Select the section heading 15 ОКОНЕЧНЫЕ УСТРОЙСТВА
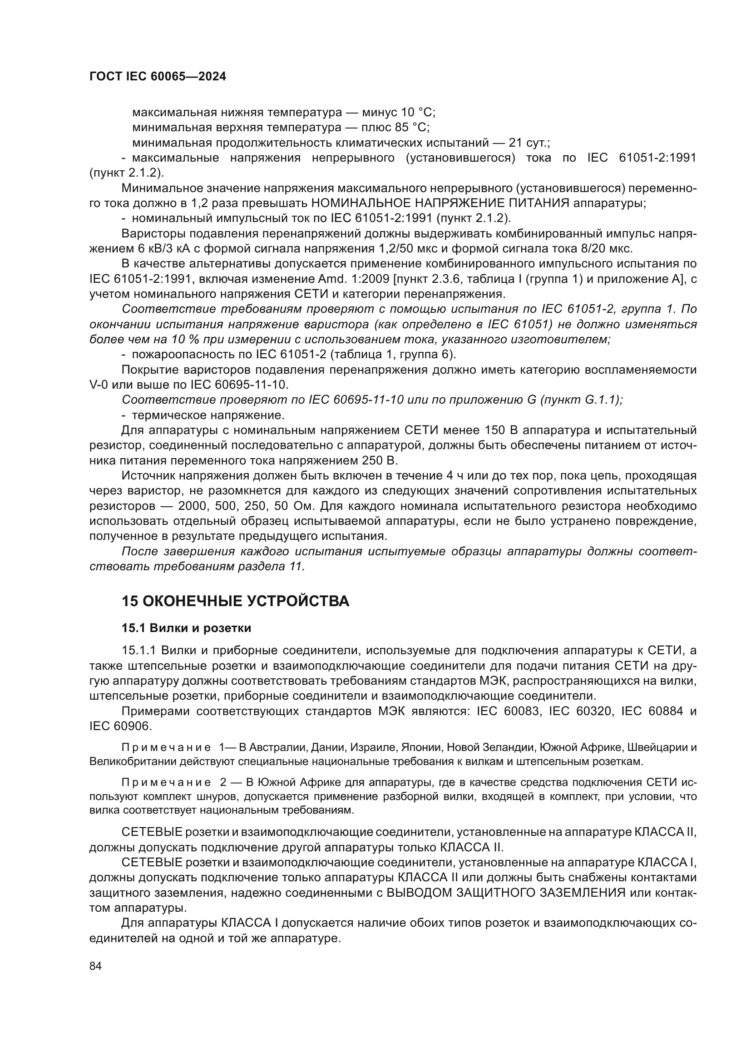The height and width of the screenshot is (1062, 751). tap(235, 601)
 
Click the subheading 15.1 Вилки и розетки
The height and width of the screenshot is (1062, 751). tap(186, 628)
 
